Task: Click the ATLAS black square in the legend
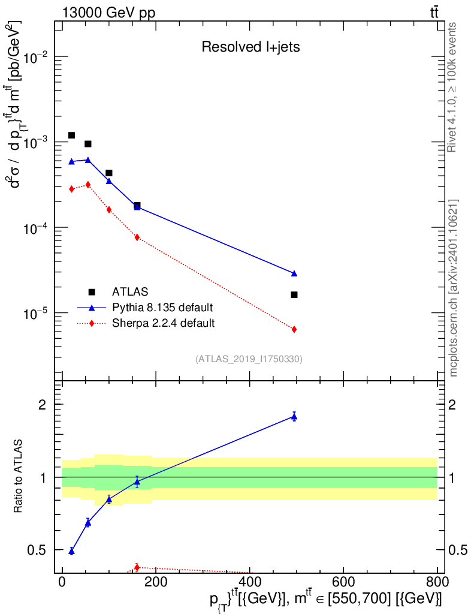pyautogui.click(x=92, y=292)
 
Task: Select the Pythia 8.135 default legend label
pyautogui.click(x=162, y=308)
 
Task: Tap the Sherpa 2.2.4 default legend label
pyautogui.click(x=163, y=323)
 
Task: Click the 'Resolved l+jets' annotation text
pyautogui.click(x=250, y=47)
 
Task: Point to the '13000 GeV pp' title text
pyautogui.click(x=108, y=13)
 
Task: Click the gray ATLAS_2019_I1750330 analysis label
pyautogui.click(x=249, y=359)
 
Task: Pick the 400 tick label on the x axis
pyautogui.click(x=250, y=582)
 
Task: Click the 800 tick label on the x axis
pyautogui.click(x=437, y=582)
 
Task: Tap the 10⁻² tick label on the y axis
pyautogui.click(x=35, y=58)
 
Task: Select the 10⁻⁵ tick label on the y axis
pyautogui.click(x=35, y=314)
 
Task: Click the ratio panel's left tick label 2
pyautogui.click(x=43, y=405)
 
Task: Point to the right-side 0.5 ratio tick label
pyautogui.click(x=458, y=550)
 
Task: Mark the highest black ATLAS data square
pyautogui.click(x=71, y=136)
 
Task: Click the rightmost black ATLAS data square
pyautogui.click(x=294, y=295)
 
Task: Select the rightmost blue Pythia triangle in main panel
pyautogui.click(x=294, y=273)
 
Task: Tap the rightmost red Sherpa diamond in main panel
pyautogui.click(x=294, y=329)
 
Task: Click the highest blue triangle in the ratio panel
pyautogui.click(x=294, y=417)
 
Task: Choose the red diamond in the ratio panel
pyautogui.click(x=137, y=567)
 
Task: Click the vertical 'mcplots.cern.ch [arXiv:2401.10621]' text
pyautogui.click(x=453, y=288)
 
